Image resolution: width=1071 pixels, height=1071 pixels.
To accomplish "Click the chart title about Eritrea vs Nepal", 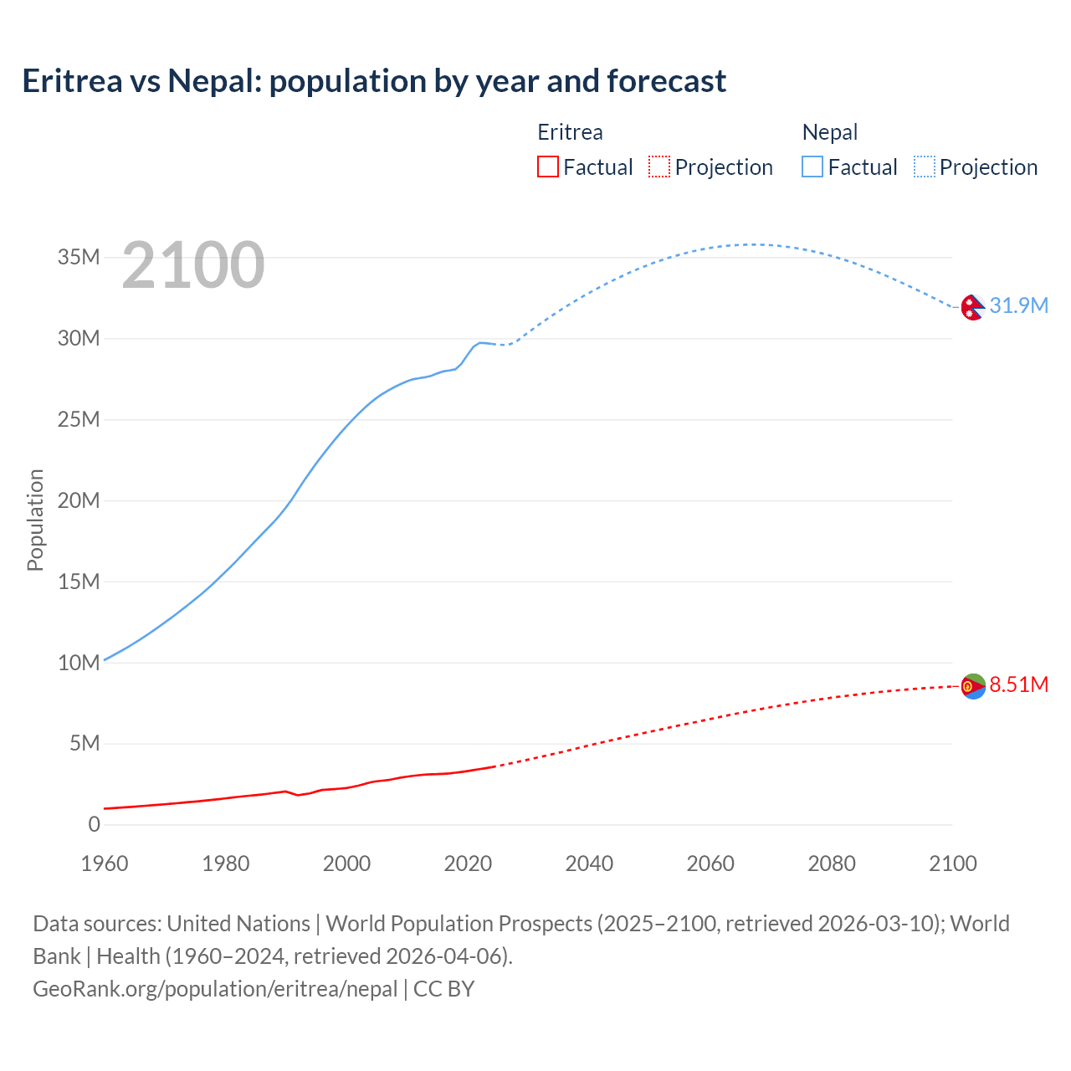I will click(x=374, y=81).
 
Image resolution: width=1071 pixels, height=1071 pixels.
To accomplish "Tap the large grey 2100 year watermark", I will click(x=193, y=265).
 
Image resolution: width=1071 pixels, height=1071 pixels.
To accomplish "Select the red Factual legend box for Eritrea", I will click(x=547, y=167).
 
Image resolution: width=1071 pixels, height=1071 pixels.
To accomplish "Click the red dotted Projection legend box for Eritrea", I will click(x=659, y=167).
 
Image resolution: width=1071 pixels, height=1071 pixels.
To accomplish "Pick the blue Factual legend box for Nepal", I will click(x=812, y=167).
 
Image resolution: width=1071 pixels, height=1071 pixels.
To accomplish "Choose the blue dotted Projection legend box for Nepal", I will click(x=925, y=167).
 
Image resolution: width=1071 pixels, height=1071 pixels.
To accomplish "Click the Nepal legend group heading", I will click(x=829, y=132).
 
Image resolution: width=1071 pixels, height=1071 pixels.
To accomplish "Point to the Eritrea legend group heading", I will click(x=570, y=132).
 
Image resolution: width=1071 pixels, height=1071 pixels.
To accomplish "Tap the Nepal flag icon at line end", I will click(x=972, y=307).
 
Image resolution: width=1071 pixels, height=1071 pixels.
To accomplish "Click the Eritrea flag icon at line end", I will click(x=972, y=686).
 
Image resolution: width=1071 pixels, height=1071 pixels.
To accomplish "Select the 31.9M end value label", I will click(x=1018, y=306).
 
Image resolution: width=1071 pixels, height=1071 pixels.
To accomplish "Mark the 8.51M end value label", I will click(x=1018, y=685).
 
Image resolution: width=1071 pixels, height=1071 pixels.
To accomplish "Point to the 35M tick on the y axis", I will click(x=79, y=258).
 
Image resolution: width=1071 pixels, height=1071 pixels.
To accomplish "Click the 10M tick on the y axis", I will click(x=79, y=663).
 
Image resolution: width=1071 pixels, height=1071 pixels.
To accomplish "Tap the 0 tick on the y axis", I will click(x=94, y=825).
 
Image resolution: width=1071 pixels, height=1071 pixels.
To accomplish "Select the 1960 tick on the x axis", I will click(x=105, y=863).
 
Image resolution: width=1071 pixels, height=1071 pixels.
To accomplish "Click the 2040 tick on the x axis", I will click(x=589, y=863).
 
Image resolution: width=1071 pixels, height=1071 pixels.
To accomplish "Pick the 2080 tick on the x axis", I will click(x=832, y=863).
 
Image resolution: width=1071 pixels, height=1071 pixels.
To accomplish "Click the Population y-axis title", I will click(x=35, y=520).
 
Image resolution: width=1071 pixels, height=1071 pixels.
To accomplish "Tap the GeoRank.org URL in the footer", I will click(x=215, y=989).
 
